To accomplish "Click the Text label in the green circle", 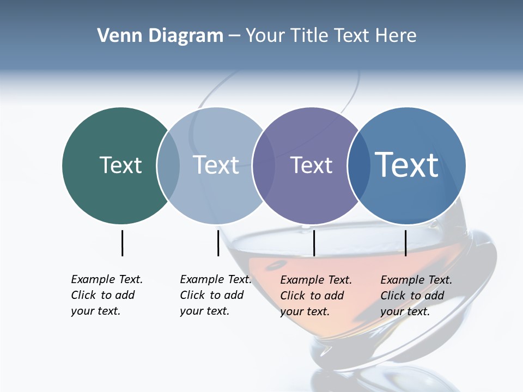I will click(120, 165).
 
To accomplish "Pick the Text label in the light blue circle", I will click(216, 165).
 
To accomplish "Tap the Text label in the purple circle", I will click(311, 165).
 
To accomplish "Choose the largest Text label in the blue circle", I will click(407, 165).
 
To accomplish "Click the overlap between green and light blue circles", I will click(168, 166).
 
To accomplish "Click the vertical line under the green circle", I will click(122, 243).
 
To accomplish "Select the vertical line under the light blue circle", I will click(218, 243).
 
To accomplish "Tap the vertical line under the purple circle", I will click(314, 243).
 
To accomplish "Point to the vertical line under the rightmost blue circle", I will click(405, 243).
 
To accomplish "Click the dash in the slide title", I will click(234, 36).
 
